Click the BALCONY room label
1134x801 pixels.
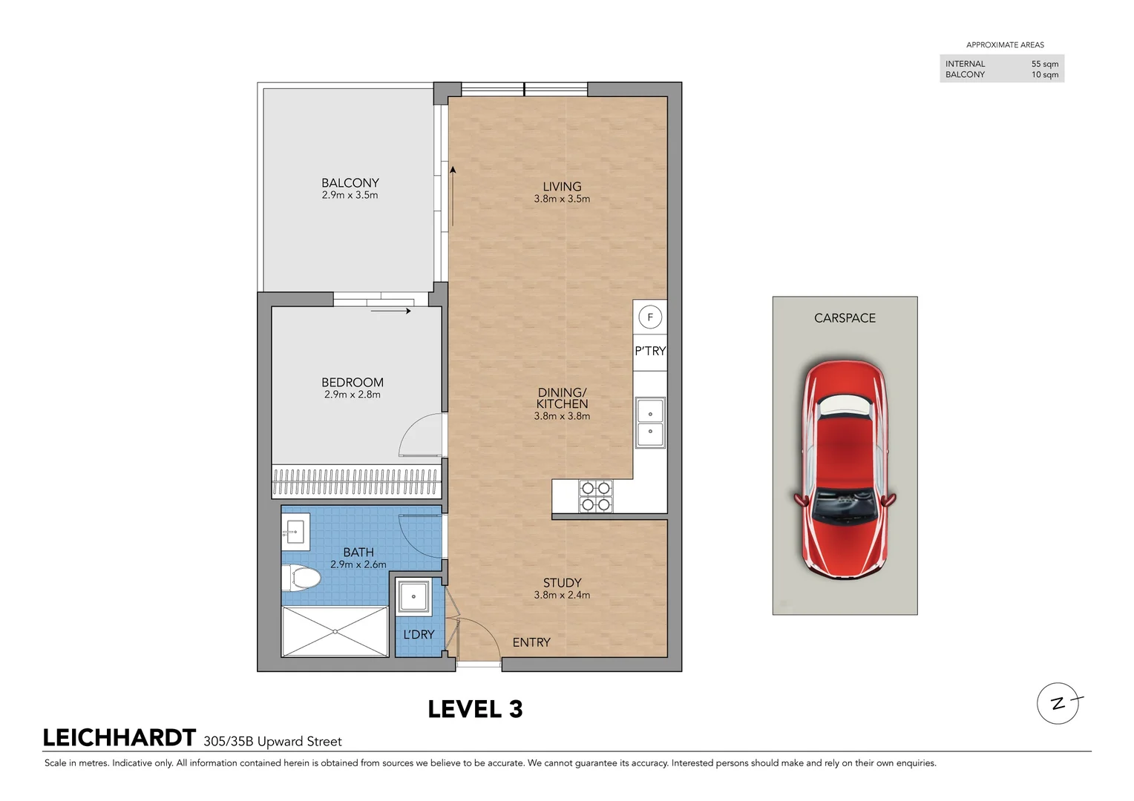(x=350, y=183)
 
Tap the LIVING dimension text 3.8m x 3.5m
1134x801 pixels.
(x=562, y=199)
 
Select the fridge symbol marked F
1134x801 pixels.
(x=650, y=317)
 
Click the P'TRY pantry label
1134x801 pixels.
(x=650, y=351)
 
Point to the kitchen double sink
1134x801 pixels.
(x=650, y=423)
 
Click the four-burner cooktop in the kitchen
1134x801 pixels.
(x=595, y=496)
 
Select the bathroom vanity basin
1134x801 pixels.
(x=295, y=531)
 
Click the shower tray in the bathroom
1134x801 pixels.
(x=335, y=631)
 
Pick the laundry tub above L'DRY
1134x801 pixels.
(x=413, y=596)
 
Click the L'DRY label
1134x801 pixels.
(x=419, y=635)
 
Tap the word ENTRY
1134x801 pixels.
(x=531, y=642)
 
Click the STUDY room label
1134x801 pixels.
(x=562, y=583)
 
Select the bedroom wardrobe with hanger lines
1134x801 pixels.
(x=356, y=482)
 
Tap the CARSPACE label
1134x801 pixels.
(x=845, y=318)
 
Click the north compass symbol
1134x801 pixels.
(x=1058, y=703)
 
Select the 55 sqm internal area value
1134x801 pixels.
(x=1044, y=64)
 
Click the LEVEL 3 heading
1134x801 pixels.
(x=475, y=710)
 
